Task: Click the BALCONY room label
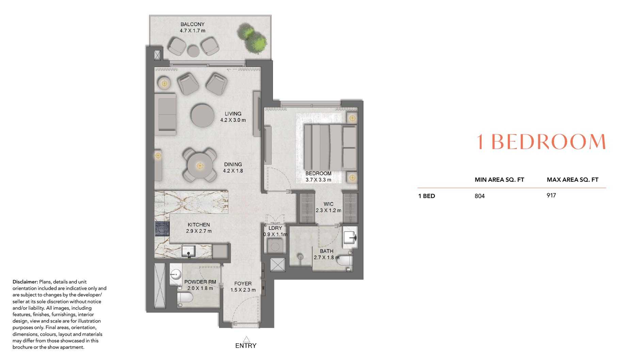click(192, 24)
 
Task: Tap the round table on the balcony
click(194, 51)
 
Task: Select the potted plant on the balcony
click(253, 38)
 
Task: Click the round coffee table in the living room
click(202, 115)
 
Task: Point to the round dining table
click(200, 166)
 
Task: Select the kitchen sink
click(189, 251)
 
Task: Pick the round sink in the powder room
click(176, 274)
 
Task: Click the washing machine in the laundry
click(275, 246)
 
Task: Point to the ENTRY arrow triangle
click(246, 339)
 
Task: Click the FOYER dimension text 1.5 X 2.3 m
click(243, 290)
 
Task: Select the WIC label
click(328, 204)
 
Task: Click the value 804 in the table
click(479, 196)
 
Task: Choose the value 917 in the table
click(551, 195)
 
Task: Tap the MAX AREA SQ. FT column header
click(572, 180)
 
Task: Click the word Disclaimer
click(25, 282)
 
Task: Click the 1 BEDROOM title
click(541, 142)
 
